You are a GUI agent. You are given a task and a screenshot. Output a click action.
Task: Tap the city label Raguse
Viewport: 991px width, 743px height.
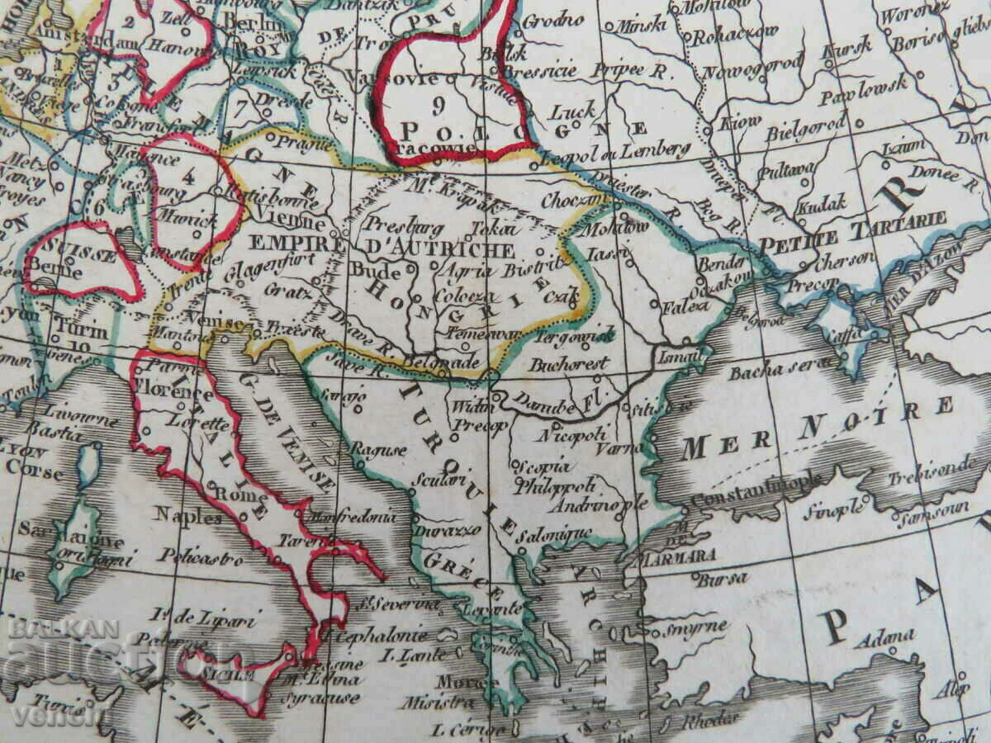click(379, 450)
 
